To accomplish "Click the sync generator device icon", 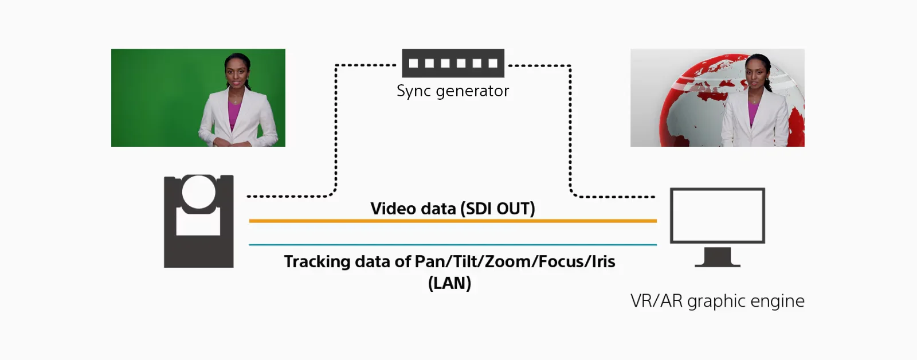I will [x=453, y=63].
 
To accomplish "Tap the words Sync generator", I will [x=453, y=91].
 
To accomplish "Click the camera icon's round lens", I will [x=199, y=191].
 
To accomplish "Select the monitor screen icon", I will [x=718, y=215].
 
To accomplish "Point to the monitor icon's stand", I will [x=718, y=258].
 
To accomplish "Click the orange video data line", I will [x=453, y=221].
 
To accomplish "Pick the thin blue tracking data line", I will [x=453, y=245].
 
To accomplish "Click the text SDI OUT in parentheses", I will [x=497, y=209].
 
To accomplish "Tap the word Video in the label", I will [x=393, y=209].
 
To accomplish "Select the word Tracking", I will [x=317, y=262].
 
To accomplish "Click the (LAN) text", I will [x=449, y=283].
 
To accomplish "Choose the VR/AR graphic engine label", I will [x=717, y=301].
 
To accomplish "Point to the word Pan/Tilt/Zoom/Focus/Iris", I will [x=515, y=262].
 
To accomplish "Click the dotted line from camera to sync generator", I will [x=336, y=132].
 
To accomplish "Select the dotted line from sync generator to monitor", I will [x=570, y=132].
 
